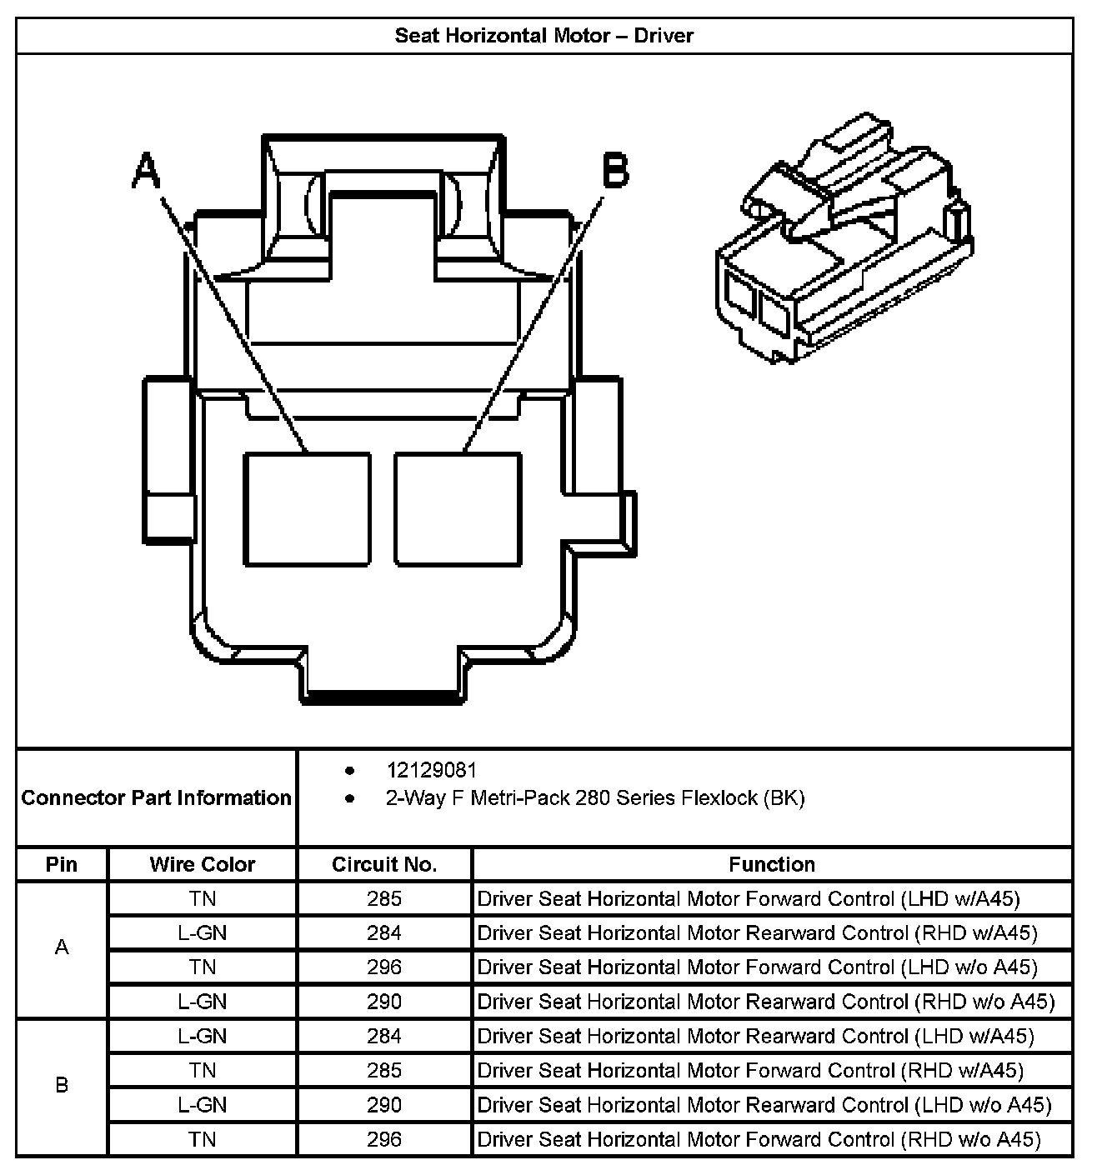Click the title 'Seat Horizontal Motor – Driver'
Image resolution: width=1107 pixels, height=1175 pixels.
click(544, 36)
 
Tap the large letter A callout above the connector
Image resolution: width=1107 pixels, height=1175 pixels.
click(147, 170)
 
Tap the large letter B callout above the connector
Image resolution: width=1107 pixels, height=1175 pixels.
click(616, 170)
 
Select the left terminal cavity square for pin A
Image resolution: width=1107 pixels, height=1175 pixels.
click(308, 509)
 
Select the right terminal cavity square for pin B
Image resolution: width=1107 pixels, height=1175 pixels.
click(458, 509)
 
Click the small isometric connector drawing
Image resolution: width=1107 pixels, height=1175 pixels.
click(844, 237)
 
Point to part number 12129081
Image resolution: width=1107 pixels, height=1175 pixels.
click(431, 770)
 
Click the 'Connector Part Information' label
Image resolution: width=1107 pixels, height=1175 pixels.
click(156, 797)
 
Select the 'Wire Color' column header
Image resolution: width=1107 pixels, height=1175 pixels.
click(203, 864)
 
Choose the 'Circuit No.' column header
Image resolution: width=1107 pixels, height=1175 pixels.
click(384, 864)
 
